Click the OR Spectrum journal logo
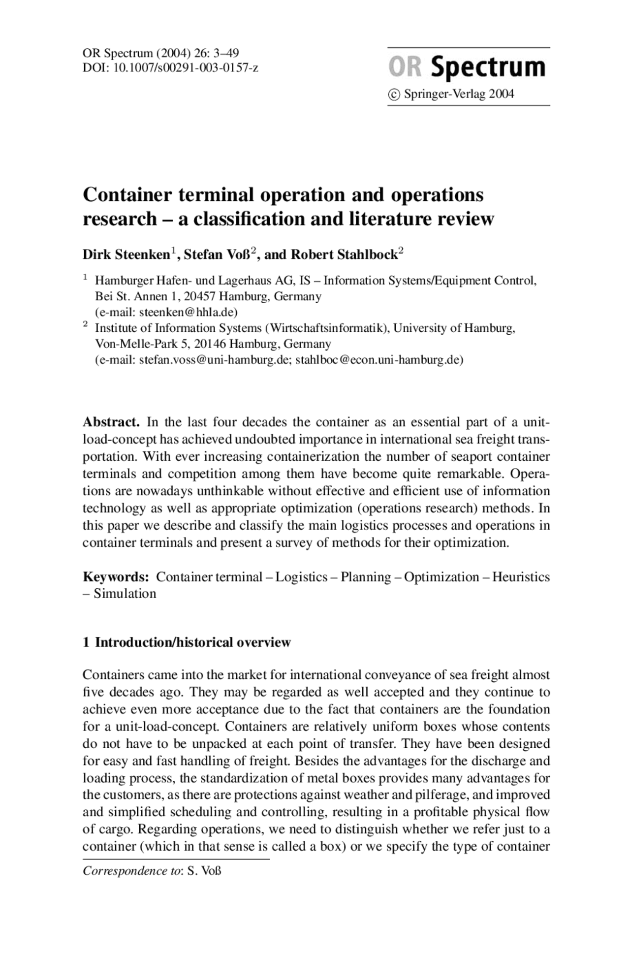coord(467,67)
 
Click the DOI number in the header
coord(186,67)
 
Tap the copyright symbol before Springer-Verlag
coord(394,94)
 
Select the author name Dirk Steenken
coord(126,255)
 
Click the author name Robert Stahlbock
coord(344,255)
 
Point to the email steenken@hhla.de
coord(188,312)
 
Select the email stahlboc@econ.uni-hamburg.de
coord(378,360)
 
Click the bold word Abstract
coord(111,422)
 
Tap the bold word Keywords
coord(116,577)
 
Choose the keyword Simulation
coord(125,594)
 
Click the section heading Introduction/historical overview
coord(193,642)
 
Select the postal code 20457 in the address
coord(199,296)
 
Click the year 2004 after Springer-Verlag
coord(501,94)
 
